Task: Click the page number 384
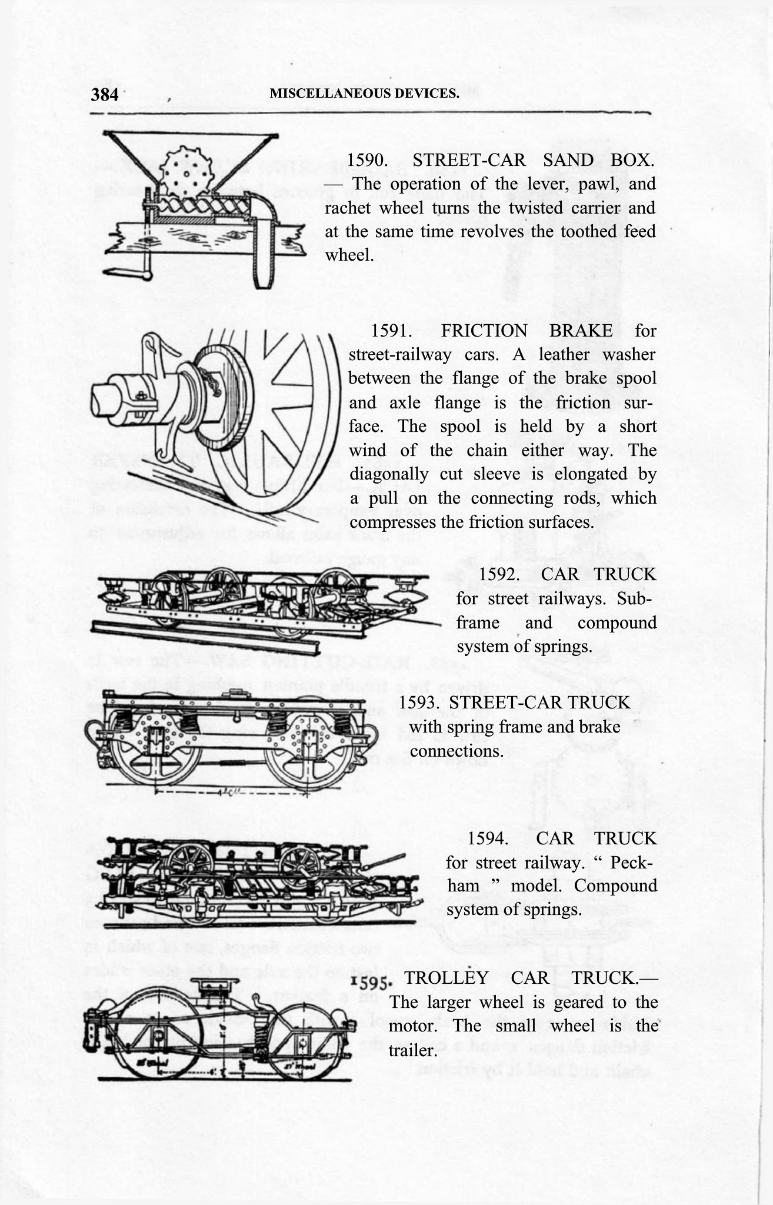(105, 94)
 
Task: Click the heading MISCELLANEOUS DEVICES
(364, 93)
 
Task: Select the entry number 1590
(366, 160)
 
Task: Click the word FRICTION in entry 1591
(484, 331)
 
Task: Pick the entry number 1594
(488, 838)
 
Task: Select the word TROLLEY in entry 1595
(447, 978)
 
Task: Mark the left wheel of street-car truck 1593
(152, 745)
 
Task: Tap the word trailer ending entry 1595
(411, 1050)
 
